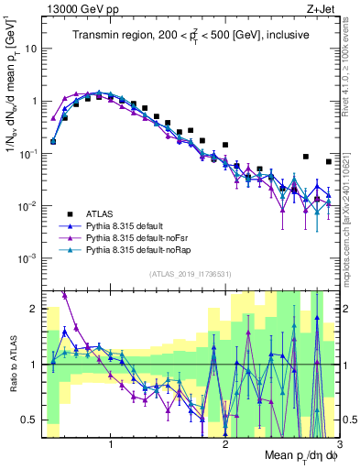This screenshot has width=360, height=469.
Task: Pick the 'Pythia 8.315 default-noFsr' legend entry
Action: pos(140,236)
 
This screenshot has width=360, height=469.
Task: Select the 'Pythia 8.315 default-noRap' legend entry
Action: pos(141,249)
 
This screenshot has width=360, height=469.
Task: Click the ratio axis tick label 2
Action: pos(33,309)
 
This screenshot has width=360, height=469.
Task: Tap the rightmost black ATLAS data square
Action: pos(329,161)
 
